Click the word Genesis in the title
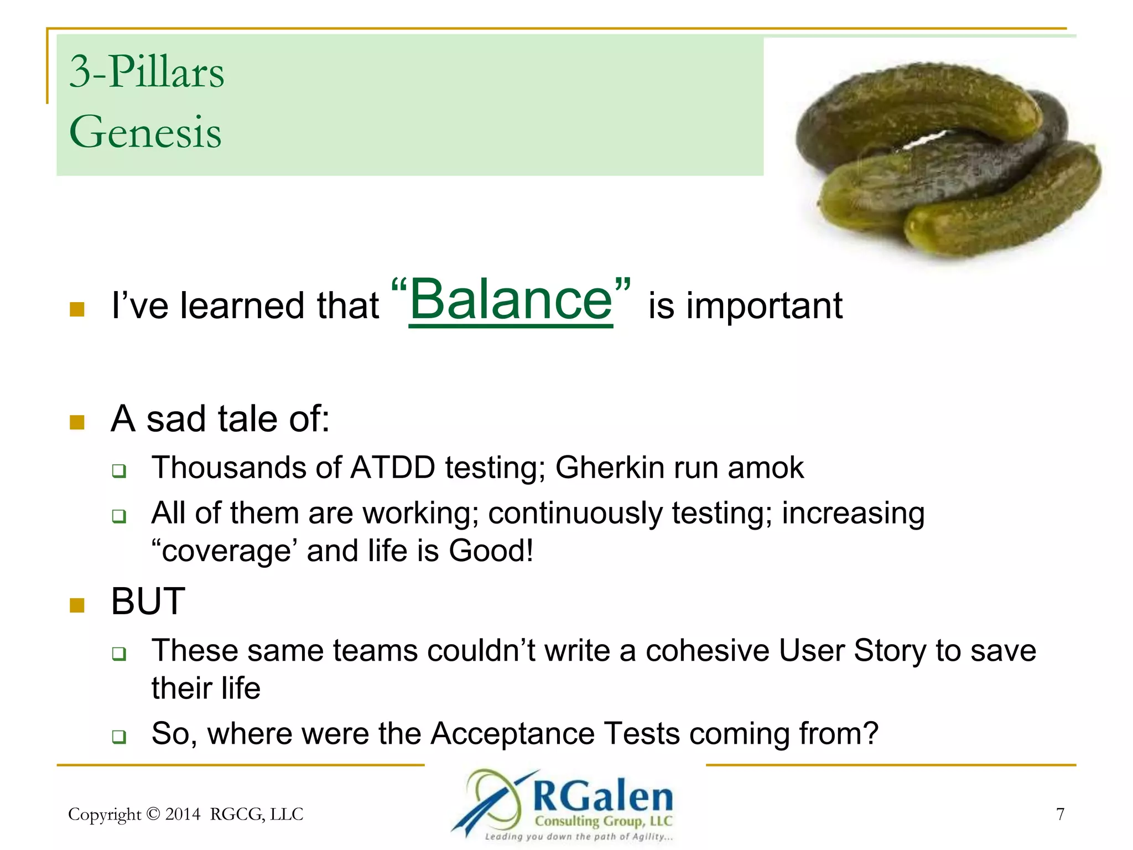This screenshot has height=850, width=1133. [x=145, y=132]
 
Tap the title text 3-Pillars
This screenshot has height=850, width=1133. [x=147, y=72]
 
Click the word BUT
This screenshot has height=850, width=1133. [x=148, y=602]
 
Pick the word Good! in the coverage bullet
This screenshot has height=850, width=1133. [x=491, y=551]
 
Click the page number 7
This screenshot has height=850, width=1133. [x=1060, y=814]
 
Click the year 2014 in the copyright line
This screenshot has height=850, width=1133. [x=183, y=814]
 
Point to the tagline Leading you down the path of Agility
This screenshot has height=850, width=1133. [x=579, y=837]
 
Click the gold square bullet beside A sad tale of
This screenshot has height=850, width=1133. [x=77, y=422]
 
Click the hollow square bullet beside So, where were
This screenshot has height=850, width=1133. [x=119, y=737]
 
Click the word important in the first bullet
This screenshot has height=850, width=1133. [x=764, y=305]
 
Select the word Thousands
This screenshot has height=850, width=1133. [x=228, y=468]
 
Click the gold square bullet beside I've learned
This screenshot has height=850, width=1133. [x=77, y=309]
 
